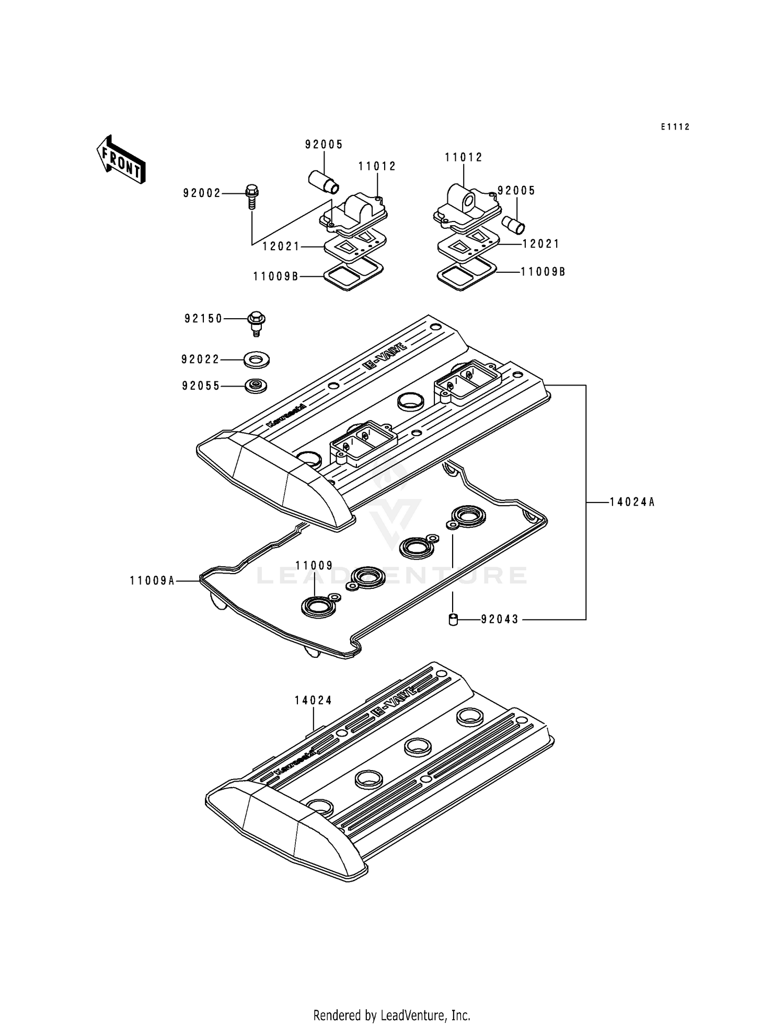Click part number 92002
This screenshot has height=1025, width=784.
tap(202, 193)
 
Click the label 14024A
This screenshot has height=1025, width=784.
tap(632, 503)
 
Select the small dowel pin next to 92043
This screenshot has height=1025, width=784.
tap(453, 620)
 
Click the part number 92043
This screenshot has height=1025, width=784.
tap(500, 620)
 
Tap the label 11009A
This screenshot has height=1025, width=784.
tap(152, 580)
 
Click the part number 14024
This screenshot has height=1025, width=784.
tap(313, 701)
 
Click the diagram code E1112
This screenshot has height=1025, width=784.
tap(675, 127)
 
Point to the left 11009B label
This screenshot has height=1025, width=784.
tap(276, 276)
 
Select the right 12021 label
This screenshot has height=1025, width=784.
tap(541, 244)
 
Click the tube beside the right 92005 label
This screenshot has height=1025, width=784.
tap(514, 225)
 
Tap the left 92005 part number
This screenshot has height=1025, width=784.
tap(324, 145)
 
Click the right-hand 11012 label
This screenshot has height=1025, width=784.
tap(464, 157)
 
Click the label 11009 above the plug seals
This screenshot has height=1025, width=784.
tap(314, 565)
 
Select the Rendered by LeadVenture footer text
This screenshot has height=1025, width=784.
tap(391, 1015)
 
